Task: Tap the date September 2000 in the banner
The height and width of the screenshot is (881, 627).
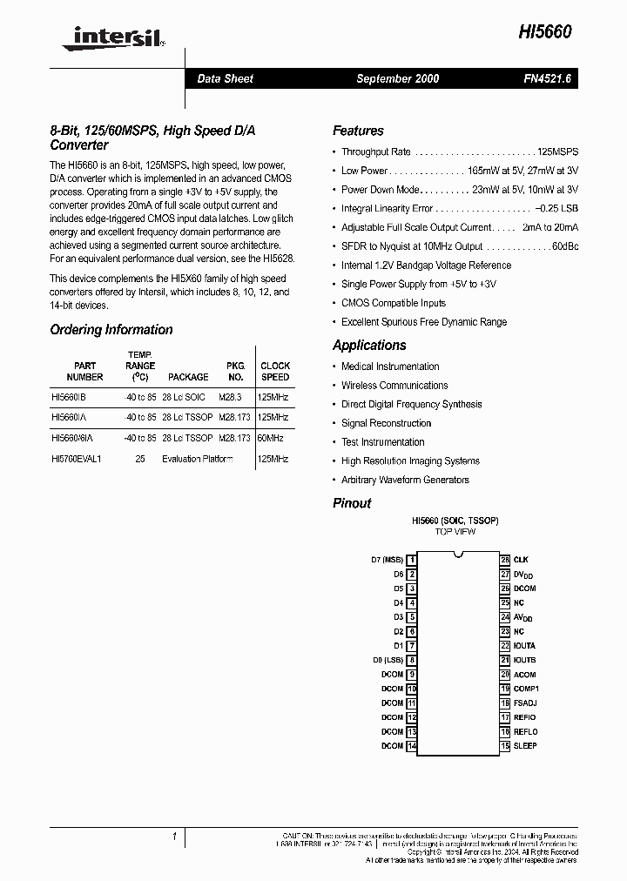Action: click(397, 78)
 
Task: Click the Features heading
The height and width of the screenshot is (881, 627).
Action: click(358, 131)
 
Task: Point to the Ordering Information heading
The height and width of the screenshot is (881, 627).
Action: click(111, 330)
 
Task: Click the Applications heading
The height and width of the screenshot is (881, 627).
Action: click(369, 346)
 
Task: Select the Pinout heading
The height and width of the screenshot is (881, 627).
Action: click(352, 503)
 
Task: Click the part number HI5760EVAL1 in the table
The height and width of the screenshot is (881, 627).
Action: click(77, 459)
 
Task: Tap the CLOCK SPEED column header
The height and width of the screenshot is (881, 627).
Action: click(275, 372)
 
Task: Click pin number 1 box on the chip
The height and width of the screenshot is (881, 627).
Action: click(412, 560)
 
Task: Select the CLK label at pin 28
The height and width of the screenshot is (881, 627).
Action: click(521, 560)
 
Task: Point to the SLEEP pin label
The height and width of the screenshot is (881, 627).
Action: click(525, 746)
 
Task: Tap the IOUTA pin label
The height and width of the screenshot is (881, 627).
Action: click(524, 646)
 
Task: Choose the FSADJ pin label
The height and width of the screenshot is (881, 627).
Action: click(525, 703)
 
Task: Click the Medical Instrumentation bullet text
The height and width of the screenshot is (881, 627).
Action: click(390, 367)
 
